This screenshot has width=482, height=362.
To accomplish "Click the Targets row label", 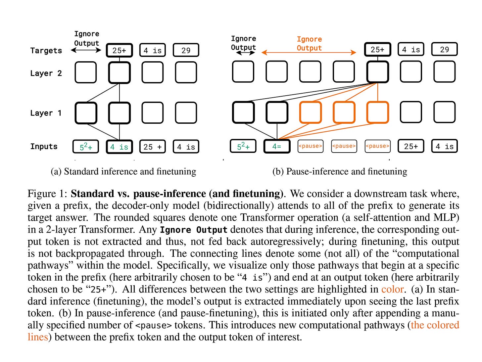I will pyautogui.click(x=46, y=51).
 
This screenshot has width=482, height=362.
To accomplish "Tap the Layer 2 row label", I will pyautogui.click(x=46, y=73).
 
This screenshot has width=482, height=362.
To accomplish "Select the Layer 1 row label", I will pyautogui.click(x=46, y=113).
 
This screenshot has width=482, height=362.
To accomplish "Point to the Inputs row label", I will pyautogui.click(x=44, y=147).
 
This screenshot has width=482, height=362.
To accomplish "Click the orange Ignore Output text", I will pyautogui.click(x=309, y=43).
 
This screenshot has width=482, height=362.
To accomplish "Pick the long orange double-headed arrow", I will pyautogui.click(x=309, y=53).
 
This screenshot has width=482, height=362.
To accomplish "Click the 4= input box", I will pyautogui.click(x=277, y=146).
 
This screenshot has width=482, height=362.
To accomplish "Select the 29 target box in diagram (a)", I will pyautogui.click(x=186, y=50).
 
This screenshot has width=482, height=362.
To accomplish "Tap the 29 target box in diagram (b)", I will pyautogui.click(x=444, y=50).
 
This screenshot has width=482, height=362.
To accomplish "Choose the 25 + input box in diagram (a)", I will pyautogui.click(x=152, y=147).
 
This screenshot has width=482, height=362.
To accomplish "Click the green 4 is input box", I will pyautogui.click(x=119, y=147).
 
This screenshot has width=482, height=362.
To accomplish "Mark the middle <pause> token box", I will pyautogui.click(x=344, y=146).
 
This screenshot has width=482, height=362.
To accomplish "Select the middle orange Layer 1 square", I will pyautogui.click(x=344, y=113).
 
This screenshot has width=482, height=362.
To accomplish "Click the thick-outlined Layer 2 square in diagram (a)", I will pyautogui.click(x=119, y=72).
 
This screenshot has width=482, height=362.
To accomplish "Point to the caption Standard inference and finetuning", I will pyautogui.click(x=123, y=171).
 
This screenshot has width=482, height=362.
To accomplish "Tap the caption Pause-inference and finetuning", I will pyautogui.click(x=340, y=171).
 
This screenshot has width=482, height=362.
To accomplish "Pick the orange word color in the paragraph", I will pyautogui.click(x=392, y=289).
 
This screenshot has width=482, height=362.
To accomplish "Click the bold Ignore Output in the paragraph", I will pyautogui.click(x=194, y=230).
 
